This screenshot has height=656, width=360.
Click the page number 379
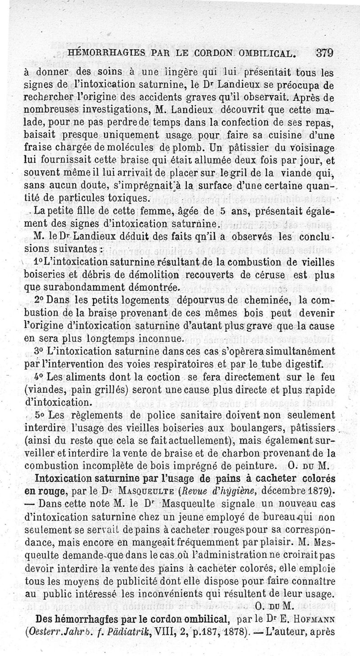324,52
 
